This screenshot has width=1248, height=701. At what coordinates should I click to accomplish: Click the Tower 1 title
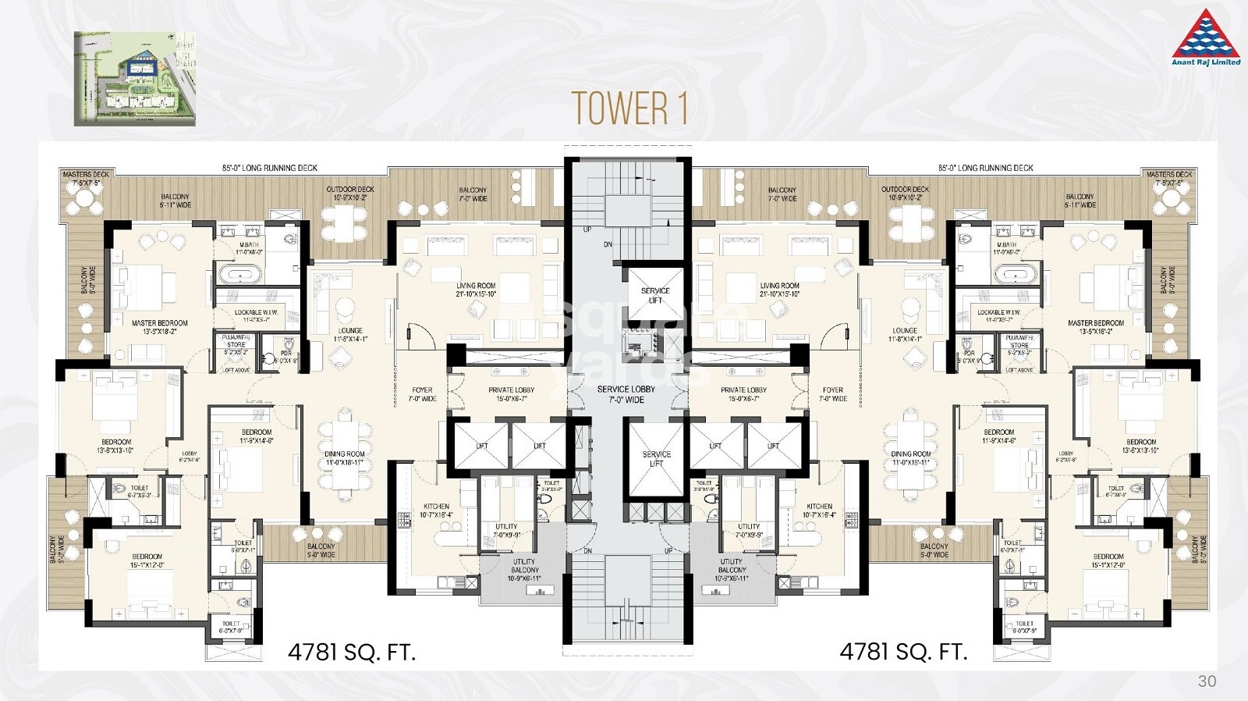tap(629, 109)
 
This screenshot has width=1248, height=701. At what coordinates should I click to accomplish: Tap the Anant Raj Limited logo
tap(1206, 37)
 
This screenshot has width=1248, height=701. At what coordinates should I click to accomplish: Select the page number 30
tap(1207, 681)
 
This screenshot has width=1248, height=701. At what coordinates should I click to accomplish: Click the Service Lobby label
tap(626, 394)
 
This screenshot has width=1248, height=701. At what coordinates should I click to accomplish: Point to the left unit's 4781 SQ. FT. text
tap(352, 652)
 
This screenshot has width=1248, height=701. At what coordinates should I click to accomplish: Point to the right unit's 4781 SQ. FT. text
tap(903, 652)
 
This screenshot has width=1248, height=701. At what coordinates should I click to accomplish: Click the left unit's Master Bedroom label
tap(160, 327)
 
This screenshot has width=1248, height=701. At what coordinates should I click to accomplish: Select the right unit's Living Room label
tap(780, 290)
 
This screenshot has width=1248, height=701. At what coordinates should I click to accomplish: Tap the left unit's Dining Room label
tap(345, 458)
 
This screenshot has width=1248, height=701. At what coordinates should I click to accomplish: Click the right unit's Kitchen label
tap(820, 511)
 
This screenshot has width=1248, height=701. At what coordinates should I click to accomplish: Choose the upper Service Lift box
tap(655, 295)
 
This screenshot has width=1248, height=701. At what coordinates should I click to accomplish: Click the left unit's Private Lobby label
tap(512, 394)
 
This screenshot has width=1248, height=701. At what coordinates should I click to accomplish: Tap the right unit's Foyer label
tap(833, 394)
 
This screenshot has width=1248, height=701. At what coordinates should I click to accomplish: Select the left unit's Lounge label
tap(350, 335)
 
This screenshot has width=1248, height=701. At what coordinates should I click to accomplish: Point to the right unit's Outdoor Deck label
tap(905, 194)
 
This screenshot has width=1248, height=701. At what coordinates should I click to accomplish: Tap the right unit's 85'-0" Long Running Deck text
tap(985, 168)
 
